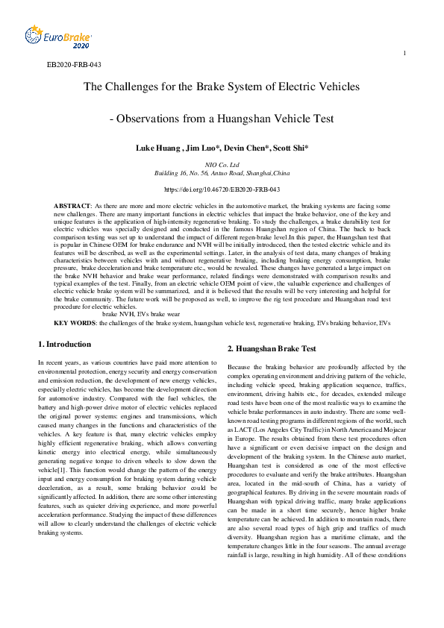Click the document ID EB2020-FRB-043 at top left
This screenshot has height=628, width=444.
pyautogui.click(x=73, y=65)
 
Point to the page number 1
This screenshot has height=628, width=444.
pyautogui.click(x=404, y=53)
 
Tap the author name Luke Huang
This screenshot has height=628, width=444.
pyautogui.click(x=157, y=148)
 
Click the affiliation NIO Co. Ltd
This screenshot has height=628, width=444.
pyautogui.click(x=222, y=164)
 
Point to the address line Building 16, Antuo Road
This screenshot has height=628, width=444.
pyautogui.click(x=222, y=172)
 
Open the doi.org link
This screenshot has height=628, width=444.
pyautogui.click(x=222, y=189)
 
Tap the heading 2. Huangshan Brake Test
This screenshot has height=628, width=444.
pyautogui.click(x=272, y=348)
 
